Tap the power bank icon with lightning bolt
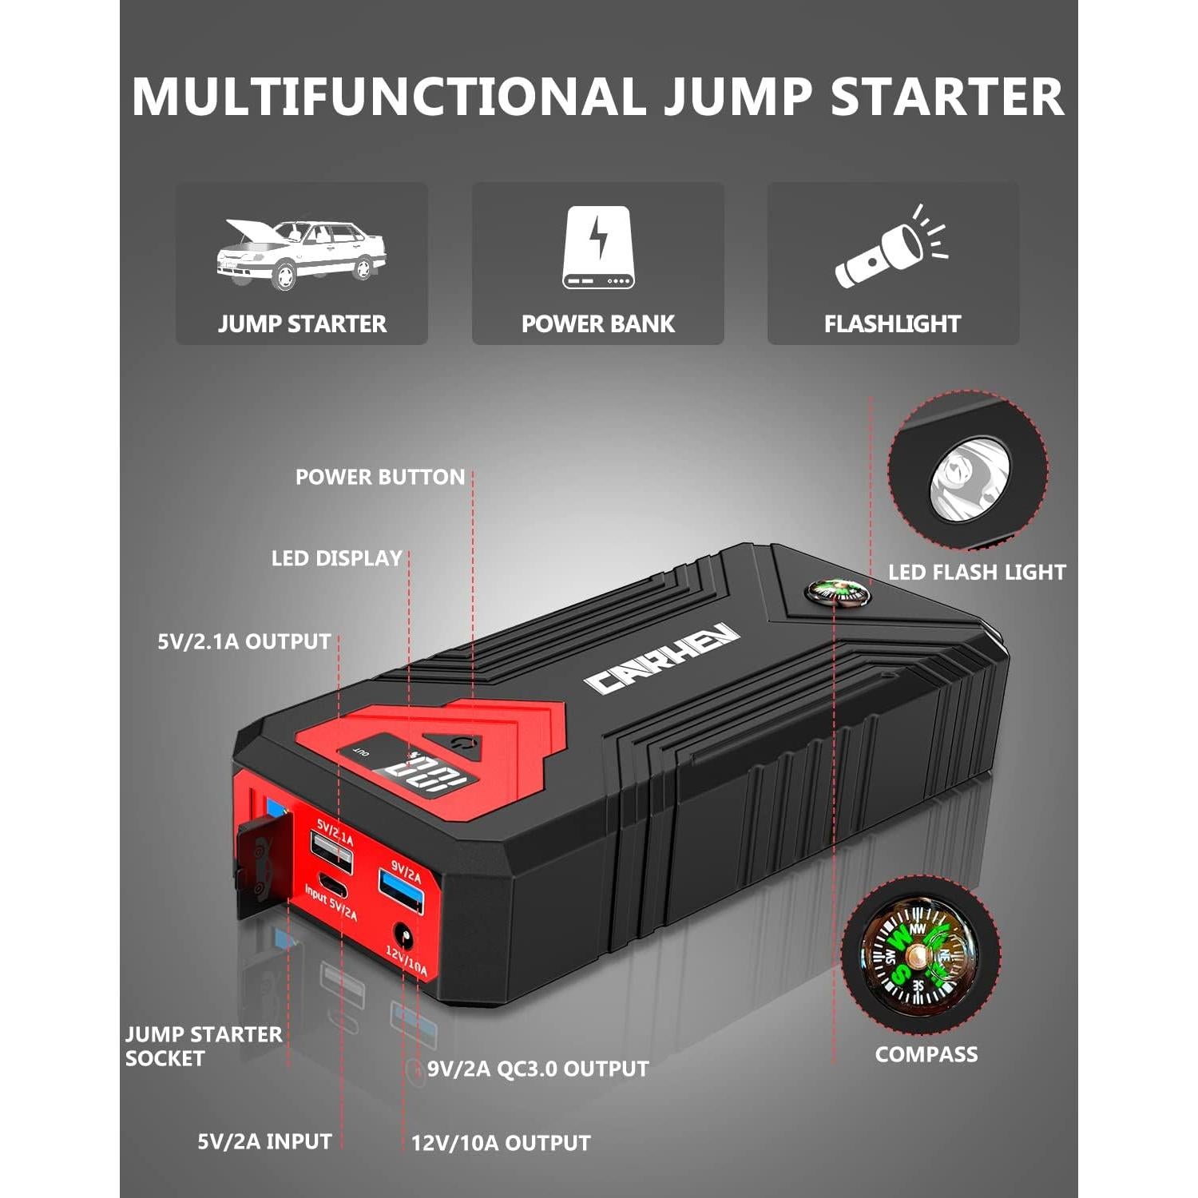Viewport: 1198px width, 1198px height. tap(597, 248)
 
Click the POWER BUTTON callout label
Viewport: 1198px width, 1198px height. tap(379, 477)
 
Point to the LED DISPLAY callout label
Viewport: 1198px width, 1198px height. tap(336, 558)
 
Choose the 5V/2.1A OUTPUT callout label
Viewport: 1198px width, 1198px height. tap(244, 641)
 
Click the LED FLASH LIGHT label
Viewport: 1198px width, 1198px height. tap(977, 572)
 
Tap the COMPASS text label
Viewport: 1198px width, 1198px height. tap(926, 1054)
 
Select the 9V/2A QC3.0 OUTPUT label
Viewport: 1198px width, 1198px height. tap(538, 1069)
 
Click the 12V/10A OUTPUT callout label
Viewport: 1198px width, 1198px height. tap(501, 1143)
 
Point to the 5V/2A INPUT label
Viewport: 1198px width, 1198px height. tap(264, 1141)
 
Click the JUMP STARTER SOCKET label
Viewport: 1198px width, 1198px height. tap(203, 1046)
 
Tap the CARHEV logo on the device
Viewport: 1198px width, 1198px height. tap(662, 658)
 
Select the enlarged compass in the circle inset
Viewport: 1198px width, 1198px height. tap(918, 958)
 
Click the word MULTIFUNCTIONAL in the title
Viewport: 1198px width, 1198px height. tap(388, 97)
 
